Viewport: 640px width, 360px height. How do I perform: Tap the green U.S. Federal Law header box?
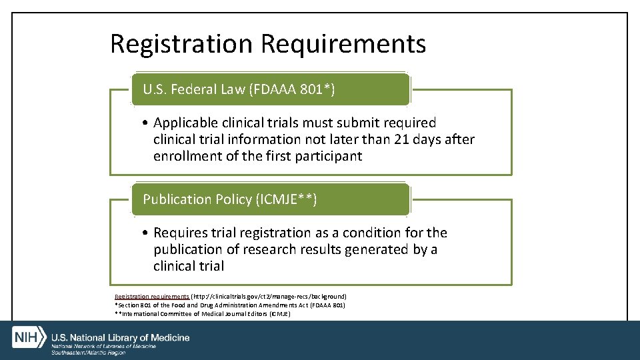(270, 89)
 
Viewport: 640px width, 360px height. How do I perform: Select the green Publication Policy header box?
(270, 199)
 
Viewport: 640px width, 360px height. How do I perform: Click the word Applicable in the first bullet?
(183, 123)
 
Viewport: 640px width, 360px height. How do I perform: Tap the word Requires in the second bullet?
(179, 233)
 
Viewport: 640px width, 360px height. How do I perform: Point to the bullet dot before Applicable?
(145, 123)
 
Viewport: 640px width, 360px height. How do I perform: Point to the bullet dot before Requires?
(145, 233)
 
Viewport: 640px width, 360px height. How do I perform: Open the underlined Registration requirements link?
(151, 296)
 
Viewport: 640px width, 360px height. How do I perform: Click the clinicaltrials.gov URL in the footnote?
(269, 296)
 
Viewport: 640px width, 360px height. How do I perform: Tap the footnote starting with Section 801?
(230, 305)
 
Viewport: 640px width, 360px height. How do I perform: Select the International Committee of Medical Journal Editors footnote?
(203, 313)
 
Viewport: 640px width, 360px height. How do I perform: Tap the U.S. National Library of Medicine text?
(120, 337)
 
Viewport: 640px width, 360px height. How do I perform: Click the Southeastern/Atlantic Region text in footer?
(89, 352)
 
